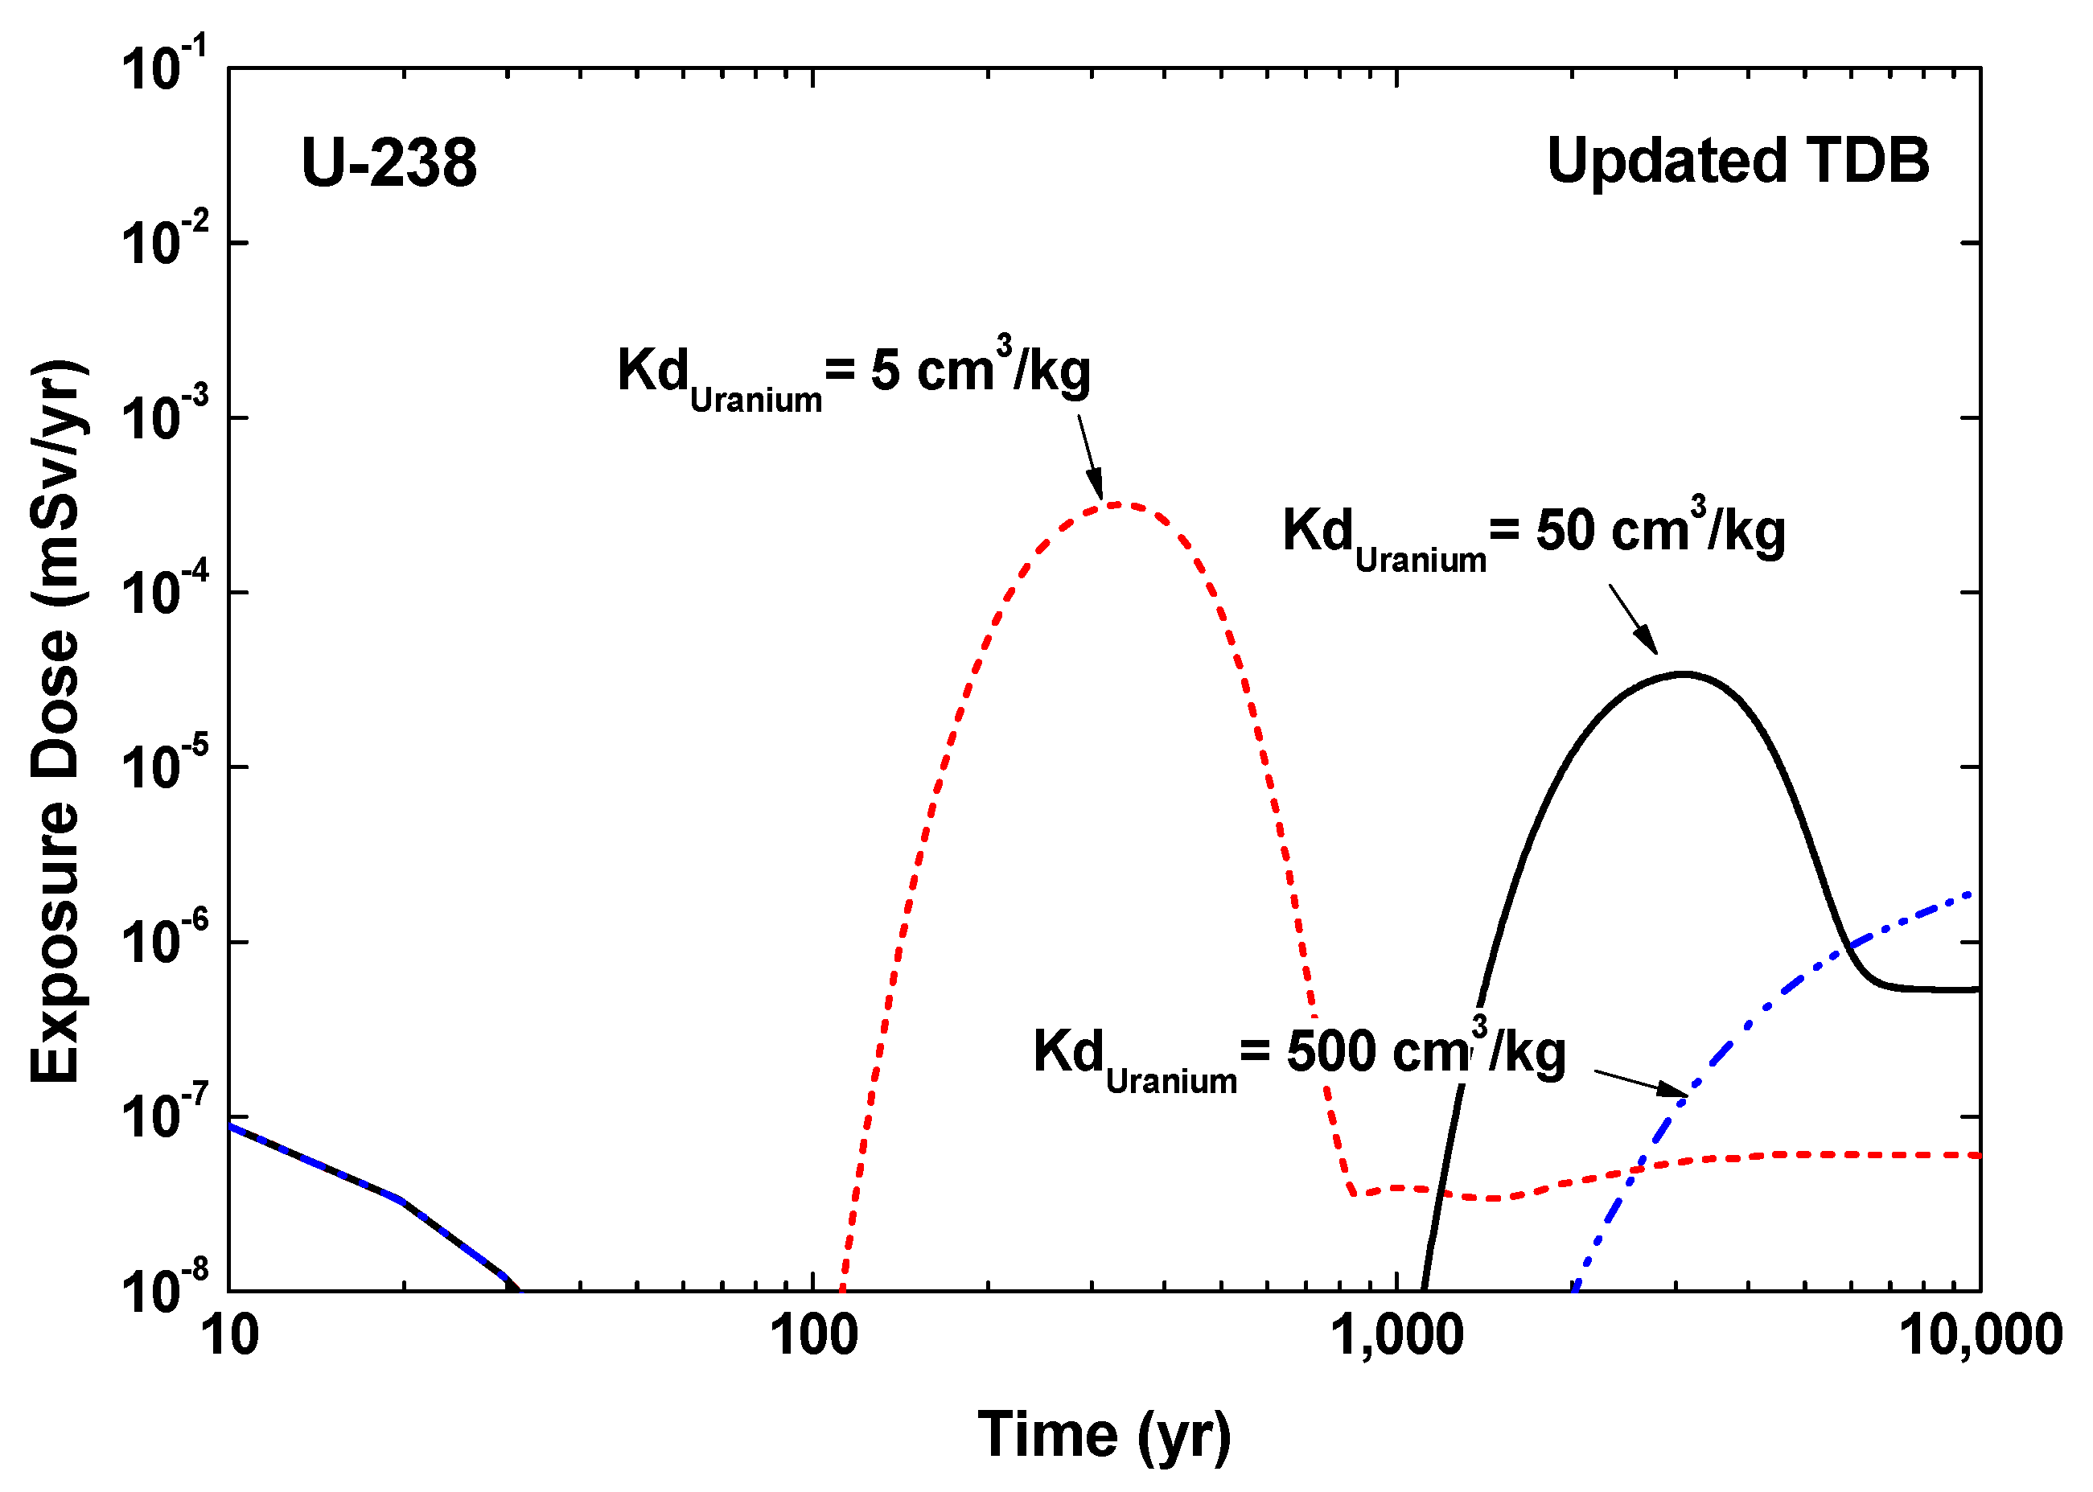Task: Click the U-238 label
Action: tap(389, 163)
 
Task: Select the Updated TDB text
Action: tap(1737, 161)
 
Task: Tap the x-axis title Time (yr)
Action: tap(1104, 1434)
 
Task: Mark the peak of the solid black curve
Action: tap(1684, 674)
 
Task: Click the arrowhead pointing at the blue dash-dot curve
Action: tap(1675, 1091)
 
